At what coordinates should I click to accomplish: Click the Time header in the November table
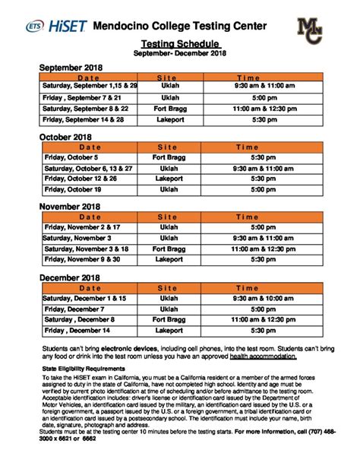(248, 216)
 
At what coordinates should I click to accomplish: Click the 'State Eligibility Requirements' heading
(81, 366)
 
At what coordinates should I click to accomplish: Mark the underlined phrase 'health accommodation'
(262, 356)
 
